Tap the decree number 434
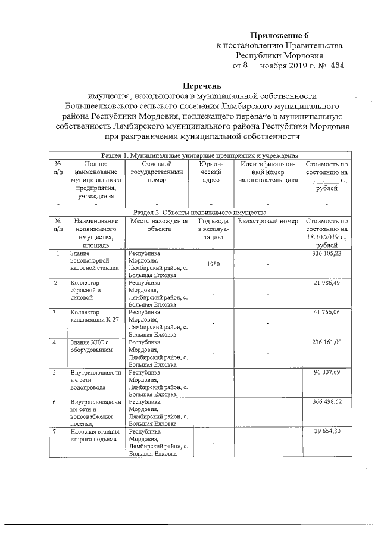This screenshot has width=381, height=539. [x=337, y=64]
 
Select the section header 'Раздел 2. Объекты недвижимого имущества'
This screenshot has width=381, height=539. [x=200, y=212]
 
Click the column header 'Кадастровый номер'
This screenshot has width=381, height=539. [x=264, y=221]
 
